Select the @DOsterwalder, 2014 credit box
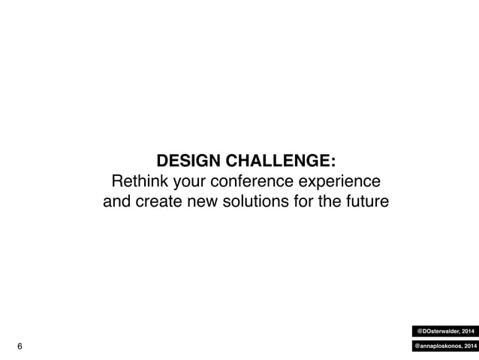[x=445, y=329]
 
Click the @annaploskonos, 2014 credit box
[x=444, y=346]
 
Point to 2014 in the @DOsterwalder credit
[x=465, y=329]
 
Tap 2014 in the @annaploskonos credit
[x=465, y=346]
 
